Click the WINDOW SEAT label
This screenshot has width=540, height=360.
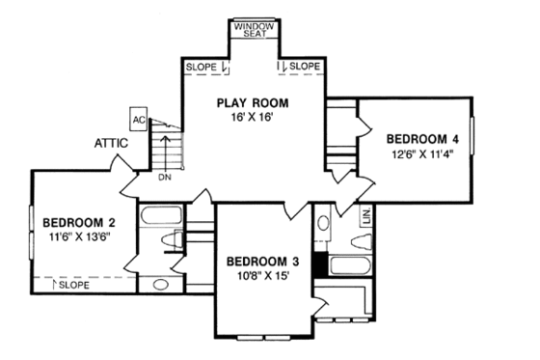[x=255, y=29]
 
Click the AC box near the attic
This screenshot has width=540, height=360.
[x=138, y=120]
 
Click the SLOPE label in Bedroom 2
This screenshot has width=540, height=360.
[x=74, y=286]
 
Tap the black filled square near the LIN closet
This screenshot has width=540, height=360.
[x=343, y=264]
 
